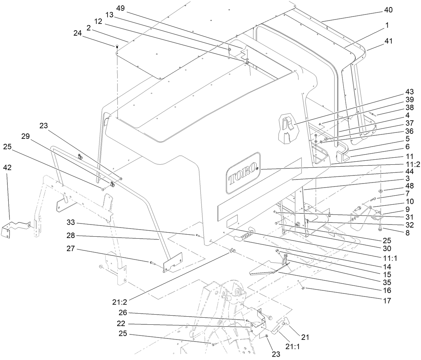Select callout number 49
[x=120, y=8]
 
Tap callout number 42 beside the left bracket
[x=7, y=167]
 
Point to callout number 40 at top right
[x=388, y=10]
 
